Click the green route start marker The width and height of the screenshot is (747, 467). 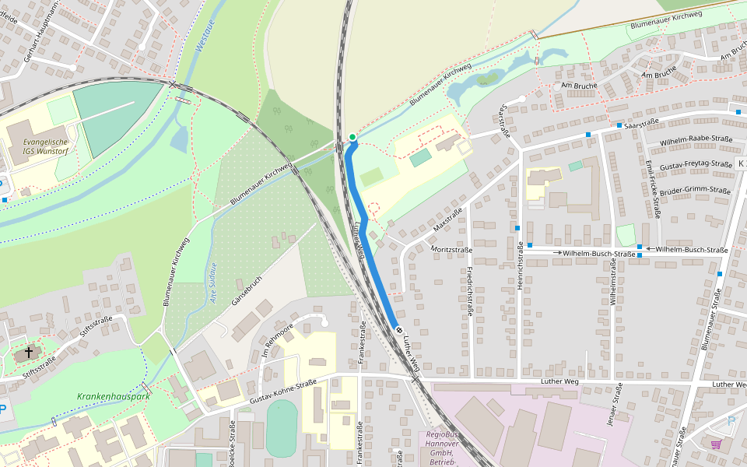point(352,137)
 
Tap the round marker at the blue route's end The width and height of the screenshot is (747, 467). point(399,331)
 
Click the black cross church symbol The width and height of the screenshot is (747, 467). point(29,353)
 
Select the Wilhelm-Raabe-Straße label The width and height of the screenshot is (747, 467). point(696,142)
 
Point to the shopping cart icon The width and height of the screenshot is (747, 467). point(715,444)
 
